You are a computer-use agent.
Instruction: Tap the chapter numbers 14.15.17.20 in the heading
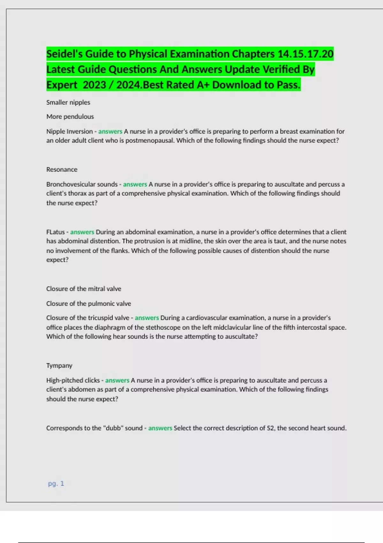click(x=305, y=54)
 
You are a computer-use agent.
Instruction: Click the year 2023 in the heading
click(x=94, y=85)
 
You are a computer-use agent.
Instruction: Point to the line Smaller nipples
click(x=68, y=103)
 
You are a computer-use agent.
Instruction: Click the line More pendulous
click(x=70, y=117)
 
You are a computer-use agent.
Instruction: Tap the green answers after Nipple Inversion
click(x=110, y=131)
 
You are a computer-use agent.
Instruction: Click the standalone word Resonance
click(x=62, y=170)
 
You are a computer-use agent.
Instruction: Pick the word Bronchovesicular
click(x=71, y=184)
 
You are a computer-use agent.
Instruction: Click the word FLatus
click(x=56, y=232)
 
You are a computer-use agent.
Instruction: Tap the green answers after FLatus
click(x=82, y=232)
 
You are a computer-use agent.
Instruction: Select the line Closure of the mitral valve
click(x=84, y=289)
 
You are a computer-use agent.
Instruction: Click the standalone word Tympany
click(x=59, y=365)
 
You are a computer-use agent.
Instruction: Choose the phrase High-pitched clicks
click(x=73, y=380)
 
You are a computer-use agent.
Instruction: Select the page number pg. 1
click(x=56, y=484)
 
